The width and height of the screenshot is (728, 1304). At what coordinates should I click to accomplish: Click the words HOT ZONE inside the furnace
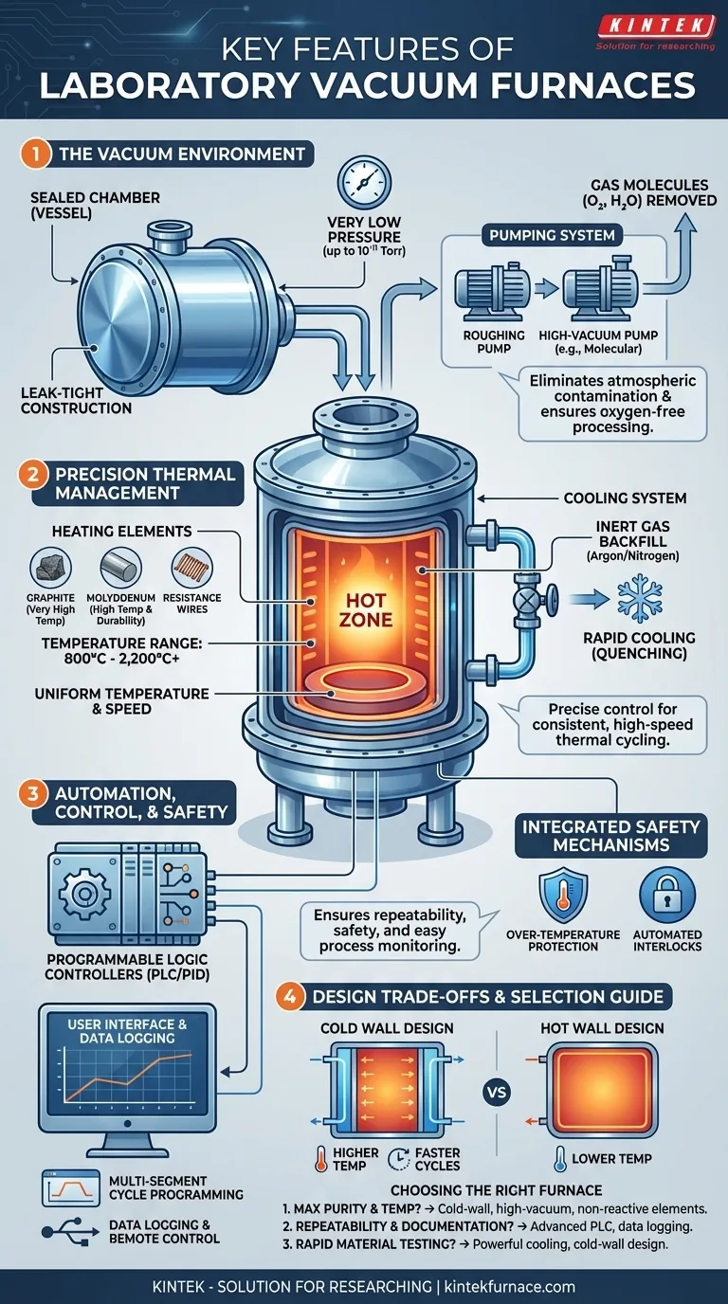pyautogui.click(x=366, y=609)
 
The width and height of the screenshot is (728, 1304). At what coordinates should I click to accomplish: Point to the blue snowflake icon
pyautogui.click(x=640, y=600)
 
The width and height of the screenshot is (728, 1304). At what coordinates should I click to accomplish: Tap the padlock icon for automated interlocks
pyautogui.click(x=667, y=896)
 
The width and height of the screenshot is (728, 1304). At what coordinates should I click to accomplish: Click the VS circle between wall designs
pyautogui.click(x=497, y=1092)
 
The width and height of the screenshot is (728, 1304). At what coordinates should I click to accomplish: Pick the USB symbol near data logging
pyautogui.click(x=70, y=1230)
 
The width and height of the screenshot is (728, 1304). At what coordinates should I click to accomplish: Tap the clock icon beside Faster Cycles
pyautogui.click(x=399, y=1158)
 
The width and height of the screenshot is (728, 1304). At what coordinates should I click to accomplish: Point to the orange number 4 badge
pyautogui.click(x=289, y=997)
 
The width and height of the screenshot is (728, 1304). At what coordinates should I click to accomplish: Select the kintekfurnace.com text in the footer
pyautogui.click(x=510, y=1286)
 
